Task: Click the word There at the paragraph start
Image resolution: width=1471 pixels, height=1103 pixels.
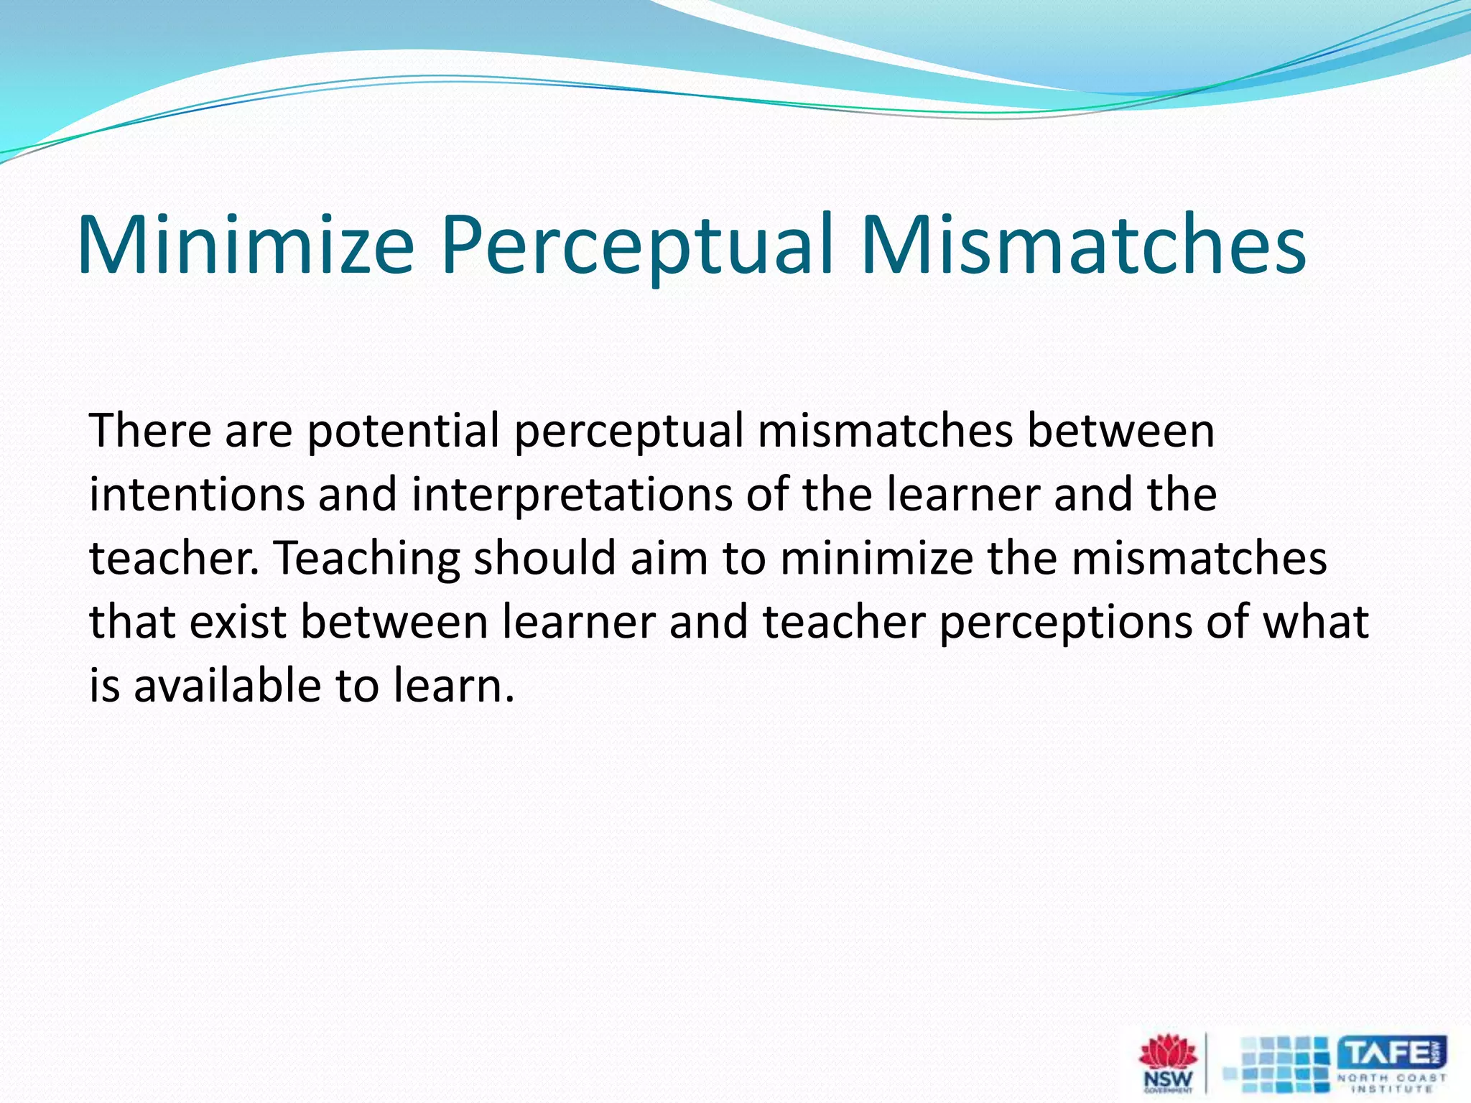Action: (150, 431)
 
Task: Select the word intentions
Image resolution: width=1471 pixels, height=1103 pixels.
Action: (197, 495)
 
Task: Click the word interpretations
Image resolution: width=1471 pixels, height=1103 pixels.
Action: (572, 496)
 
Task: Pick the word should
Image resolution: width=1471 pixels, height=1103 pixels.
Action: (544, 558)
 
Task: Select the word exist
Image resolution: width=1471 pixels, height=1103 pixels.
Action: (238, 622)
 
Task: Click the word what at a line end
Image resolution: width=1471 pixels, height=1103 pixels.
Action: (1315, 622)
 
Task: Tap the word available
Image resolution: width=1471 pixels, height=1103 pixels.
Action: (227, 685)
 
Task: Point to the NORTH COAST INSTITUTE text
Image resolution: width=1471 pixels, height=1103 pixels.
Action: (1391, 1083)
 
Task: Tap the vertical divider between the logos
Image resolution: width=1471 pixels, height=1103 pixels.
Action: (1206, 1063)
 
